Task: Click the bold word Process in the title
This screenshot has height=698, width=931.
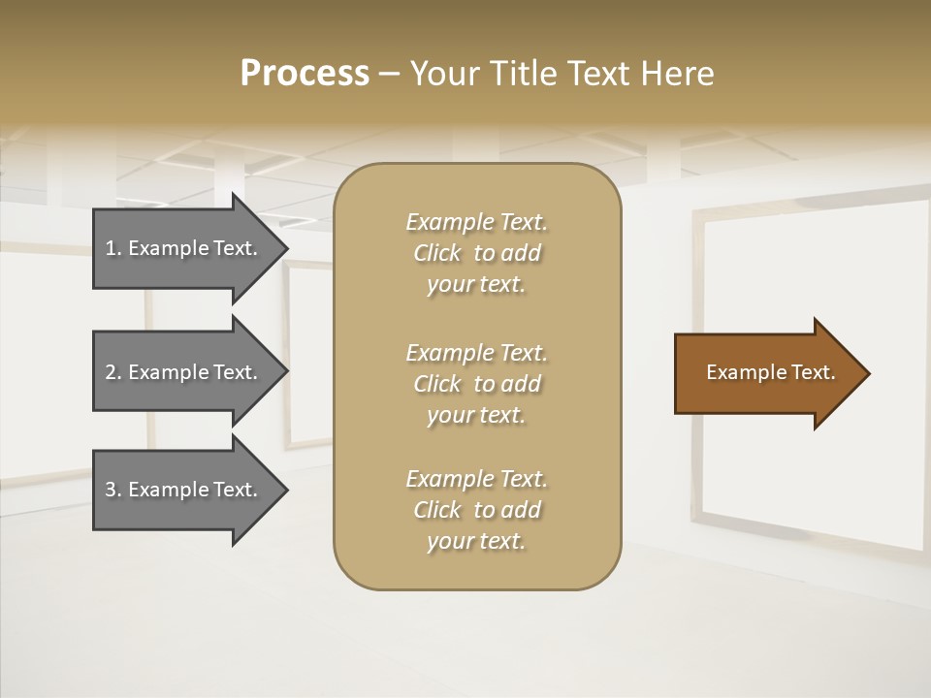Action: (x=305, y=74)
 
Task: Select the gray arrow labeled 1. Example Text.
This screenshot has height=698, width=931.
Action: (x=184, y=248)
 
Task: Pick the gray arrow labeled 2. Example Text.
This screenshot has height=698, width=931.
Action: (x=184, y=372)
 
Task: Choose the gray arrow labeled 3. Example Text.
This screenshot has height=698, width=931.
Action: (x=184, y=490)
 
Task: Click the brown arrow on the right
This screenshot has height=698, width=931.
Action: (x=766, y=373)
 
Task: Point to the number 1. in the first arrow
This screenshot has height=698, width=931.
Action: (x=113, y=248)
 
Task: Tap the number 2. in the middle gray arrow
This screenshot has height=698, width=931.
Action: (x=113, y=372)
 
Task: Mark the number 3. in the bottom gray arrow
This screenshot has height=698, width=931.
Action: (x=113, y=490)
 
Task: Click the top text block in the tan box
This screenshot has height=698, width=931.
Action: (x=476, y=253)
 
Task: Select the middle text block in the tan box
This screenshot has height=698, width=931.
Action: (x=476, y=383)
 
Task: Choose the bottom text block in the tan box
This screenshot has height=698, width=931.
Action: (x=476, y=510)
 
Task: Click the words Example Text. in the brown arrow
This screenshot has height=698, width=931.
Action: (x=770, y=372)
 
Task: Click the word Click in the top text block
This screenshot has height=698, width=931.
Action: (x=436, y=253)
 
